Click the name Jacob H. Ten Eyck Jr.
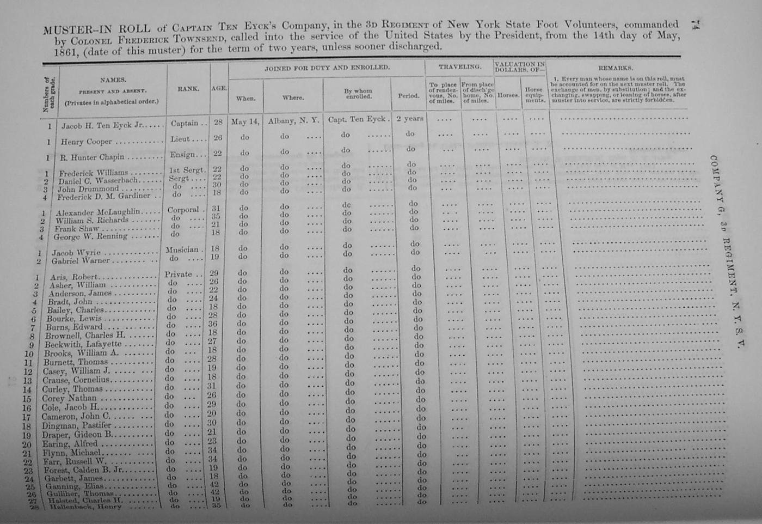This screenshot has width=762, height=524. point(102,126)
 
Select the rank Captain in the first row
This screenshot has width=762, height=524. point(185,124)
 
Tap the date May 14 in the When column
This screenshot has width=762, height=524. point(246,122)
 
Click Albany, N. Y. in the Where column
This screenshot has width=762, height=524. point(293,121)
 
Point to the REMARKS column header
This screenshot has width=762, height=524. point(615,69)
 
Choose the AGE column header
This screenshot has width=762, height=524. point(219,88)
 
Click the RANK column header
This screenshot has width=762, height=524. point(188,88)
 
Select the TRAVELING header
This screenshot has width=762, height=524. point(460,67)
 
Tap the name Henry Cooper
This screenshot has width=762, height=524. point(86,142)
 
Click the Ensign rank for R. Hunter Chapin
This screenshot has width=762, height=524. point(182,155)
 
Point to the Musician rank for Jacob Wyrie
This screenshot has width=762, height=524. point(182,249)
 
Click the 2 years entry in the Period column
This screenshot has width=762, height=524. point(409,119)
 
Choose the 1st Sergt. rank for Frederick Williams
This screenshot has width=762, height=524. point(187,170)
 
